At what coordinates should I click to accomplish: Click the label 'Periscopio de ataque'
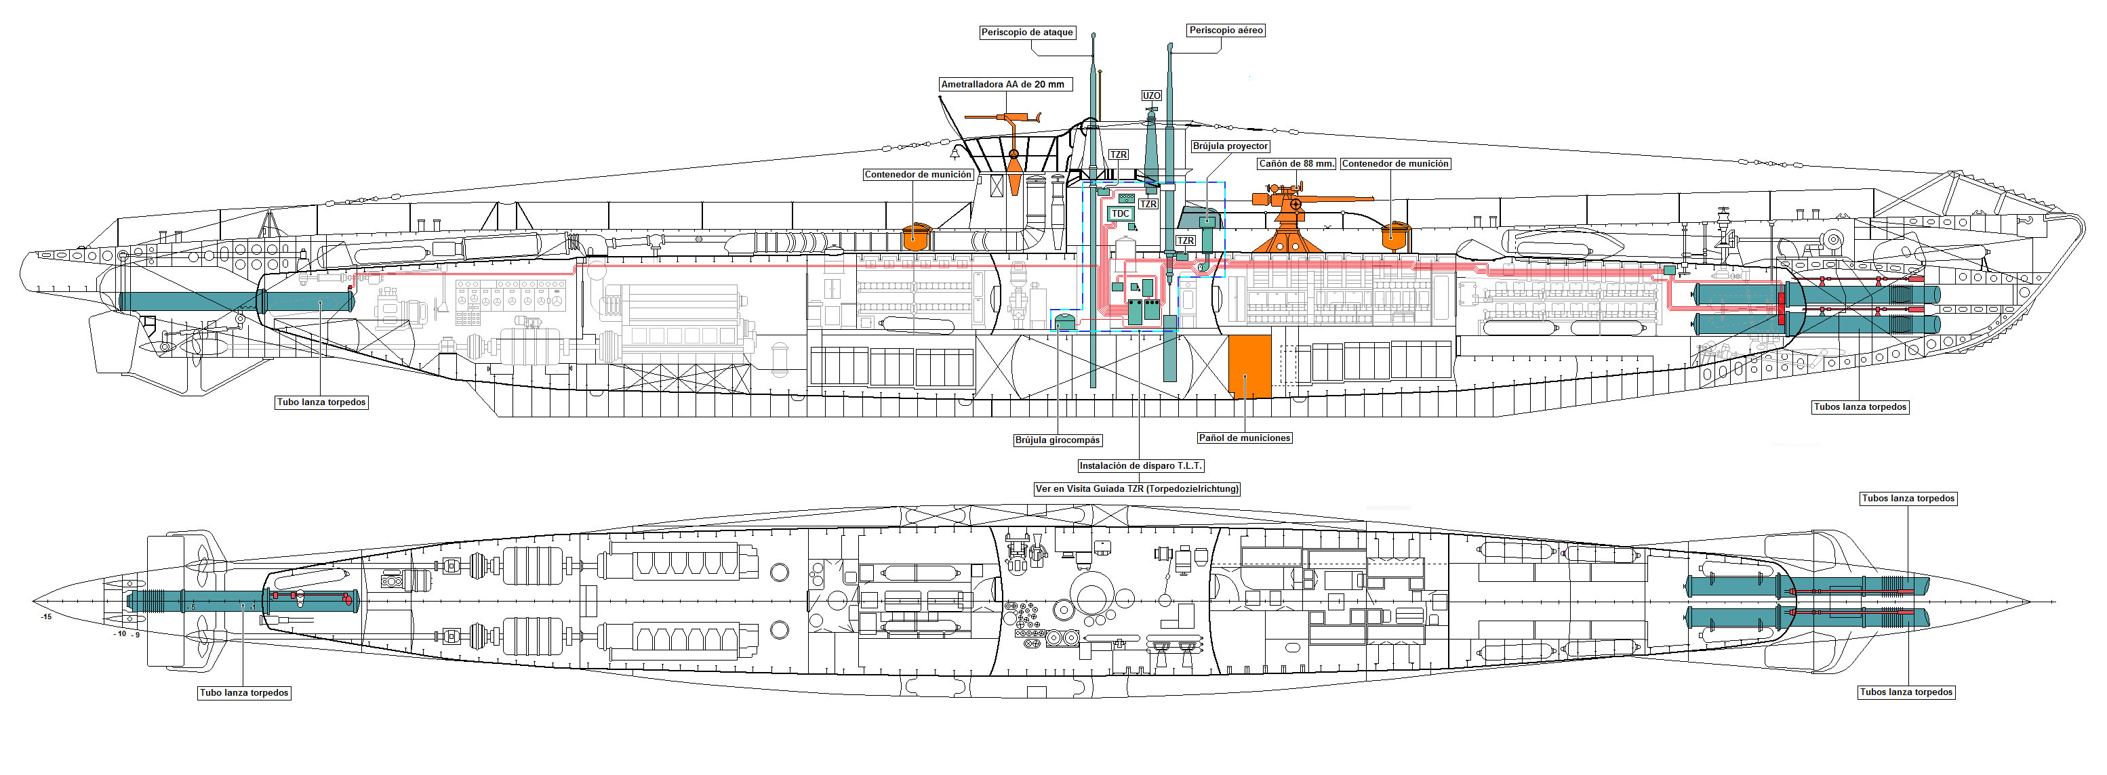pyautogui.click(x=1026, y=33)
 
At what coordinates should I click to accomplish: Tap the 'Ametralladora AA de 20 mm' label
pyautogui.click(x=1003, y=84)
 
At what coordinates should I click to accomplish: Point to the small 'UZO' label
pyautogui.click(x=1151, y=96)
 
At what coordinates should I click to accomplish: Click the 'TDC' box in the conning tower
pyautogui.click(x=1120, y=213)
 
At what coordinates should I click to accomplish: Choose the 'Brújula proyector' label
pyautogui.click(x=1229, y=146)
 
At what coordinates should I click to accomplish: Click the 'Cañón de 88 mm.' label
pyautogui.click(x=1296, y=163)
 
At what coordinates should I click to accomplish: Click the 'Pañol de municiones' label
pyautogui.click(x=1244, y=438)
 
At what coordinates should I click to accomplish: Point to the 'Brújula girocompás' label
pyautogui.click(x=1058, y=440)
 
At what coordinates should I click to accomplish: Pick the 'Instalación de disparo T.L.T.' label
pyautogui.click(x=1140, y=466)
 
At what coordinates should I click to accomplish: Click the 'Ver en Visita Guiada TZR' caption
pyautogui.click(x=1137, y=489)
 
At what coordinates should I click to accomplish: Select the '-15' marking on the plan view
pyautogui.click(x=47, y=616)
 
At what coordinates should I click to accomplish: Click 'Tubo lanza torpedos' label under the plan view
pyautogui.click(x=244, y=692)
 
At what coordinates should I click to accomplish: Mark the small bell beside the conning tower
pyautogui.click(x=954, y=153)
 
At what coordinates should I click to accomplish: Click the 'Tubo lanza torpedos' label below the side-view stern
pyautogui.click(x=321, y=402)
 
